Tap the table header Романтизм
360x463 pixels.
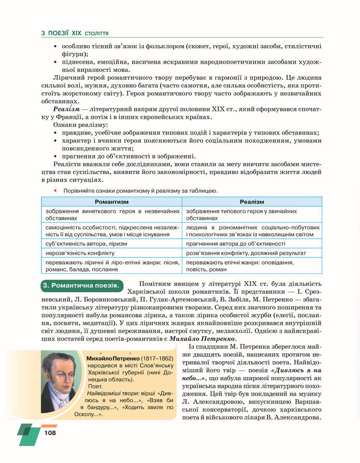click(x=111, y=201)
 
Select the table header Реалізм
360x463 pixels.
click(x=252, y=201)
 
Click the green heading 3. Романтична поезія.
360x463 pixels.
click(x=81, y=285)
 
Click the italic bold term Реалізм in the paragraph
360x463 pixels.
click(x=66, y=110)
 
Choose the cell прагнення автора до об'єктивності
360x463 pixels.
click(x=236, y=243)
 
